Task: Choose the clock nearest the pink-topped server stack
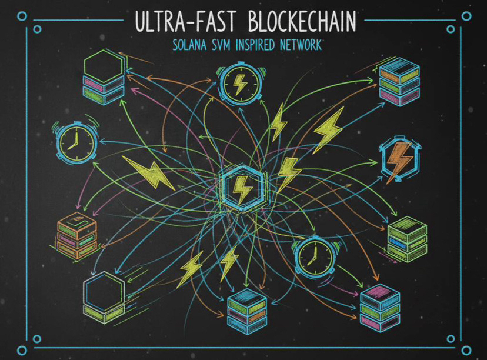(x=313, y=257)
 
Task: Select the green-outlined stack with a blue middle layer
(x=407, y=239)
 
